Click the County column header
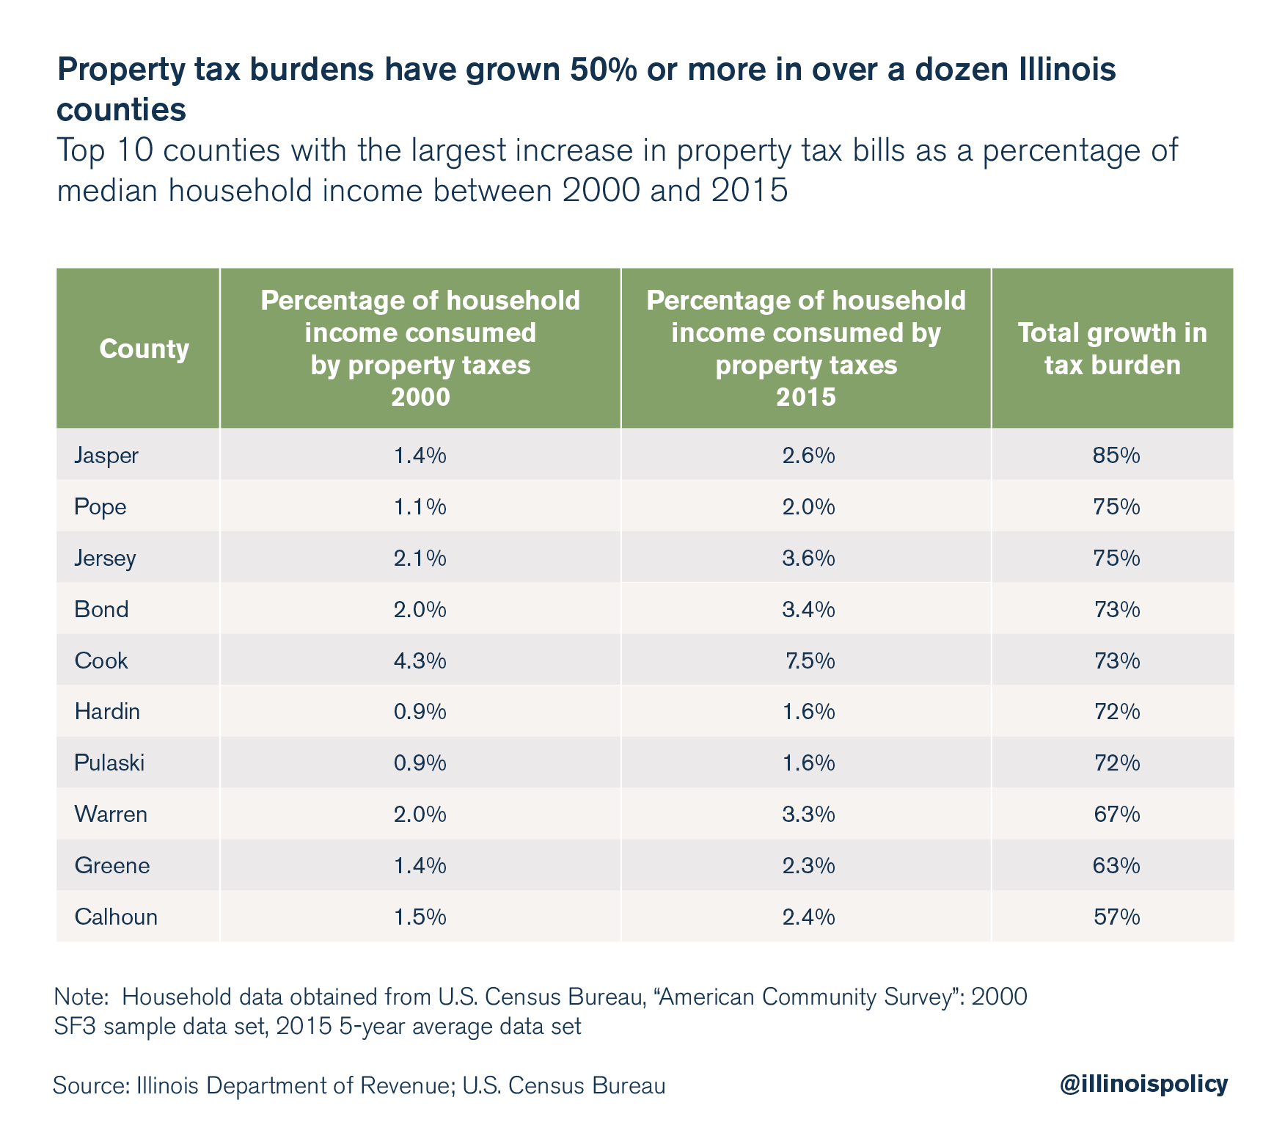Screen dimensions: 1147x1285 [144, 349]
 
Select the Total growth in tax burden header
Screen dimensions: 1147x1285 [1112, 349]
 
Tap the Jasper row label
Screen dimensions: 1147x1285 [106, 456]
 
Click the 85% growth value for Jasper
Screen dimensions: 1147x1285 [1116, 456]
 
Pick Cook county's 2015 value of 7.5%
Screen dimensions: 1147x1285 [810, 661]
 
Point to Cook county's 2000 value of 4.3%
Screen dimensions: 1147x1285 [420, 661]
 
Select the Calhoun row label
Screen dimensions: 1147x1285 [116, 917]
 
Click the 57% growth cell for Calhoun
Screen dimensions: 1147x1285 [1116, 917]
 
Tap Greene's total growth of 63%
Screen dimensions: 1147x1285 [1116, 866]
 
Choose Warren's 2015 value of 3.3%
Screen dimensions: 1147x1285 [808, 815]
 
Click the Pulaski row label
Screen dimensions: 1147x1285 [109, 763]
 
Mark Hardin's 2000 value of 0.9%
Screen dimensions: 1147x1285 [420, 712]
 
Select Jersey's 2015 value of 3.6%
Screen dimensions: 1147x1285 [808, 558]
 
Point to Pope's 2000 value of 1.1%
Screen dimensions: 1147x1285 [420, 507]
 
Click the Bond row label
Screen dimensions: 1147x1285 [101, 610]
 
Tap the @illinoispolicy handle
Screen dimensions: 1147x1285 [1143, 1085]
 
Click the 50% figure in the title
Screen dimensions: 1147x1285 [596, 70]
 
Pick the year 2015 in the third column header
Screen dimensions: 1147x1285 [806, 398]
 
